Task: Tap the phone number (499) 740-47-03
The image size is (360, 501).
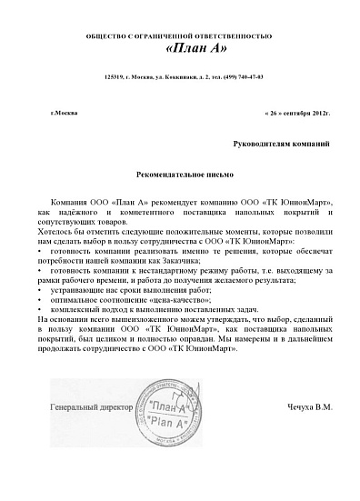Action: click(x=237, y=78)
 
